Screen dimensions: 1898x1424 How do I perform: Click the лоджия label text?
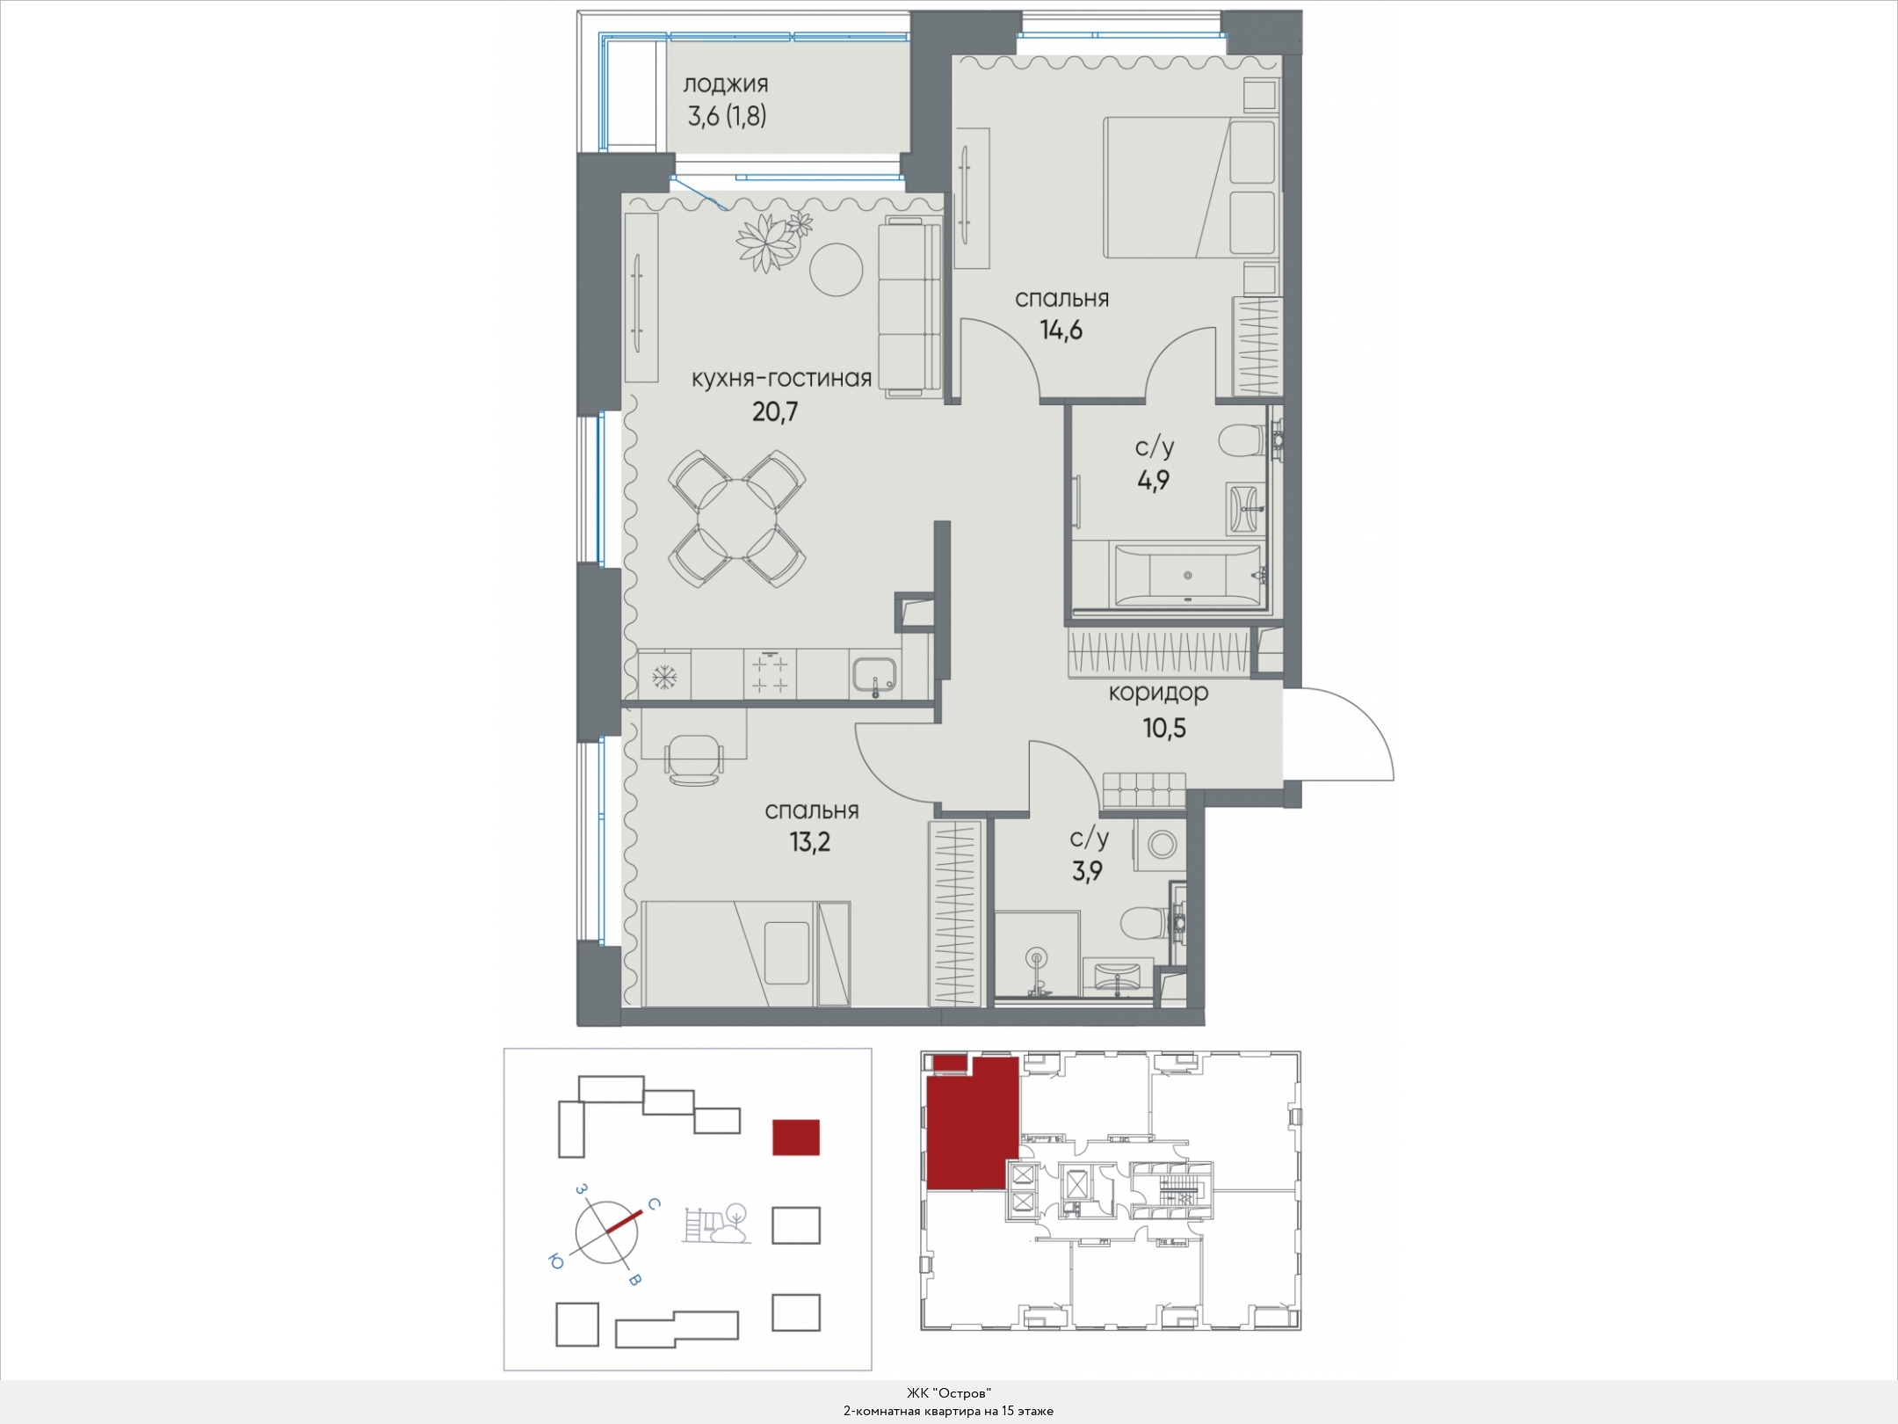[x=726, y=84]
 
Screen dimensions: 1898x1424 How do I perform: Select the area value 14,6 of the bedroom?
[x=1061, y=331]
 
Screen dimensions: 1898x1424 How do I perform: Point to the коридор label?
[x=1158, y=693]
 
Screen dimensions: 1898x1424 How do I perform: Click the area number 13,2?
[x=809, y=842]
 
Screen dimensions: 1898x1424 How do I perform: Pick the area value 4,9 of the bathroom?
[x=1153, y=480]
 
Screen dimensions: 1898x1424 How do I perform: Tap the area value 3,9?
[x=1088, y=871]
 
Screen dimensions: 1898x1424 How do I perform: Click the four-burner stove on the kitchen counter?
[x=771, y=674]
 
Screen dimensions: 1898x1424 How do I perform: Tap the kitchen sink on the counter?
[x=874, y=676]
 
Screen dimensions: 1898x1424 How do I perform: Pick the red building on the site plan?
[x=796, y=1137]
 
